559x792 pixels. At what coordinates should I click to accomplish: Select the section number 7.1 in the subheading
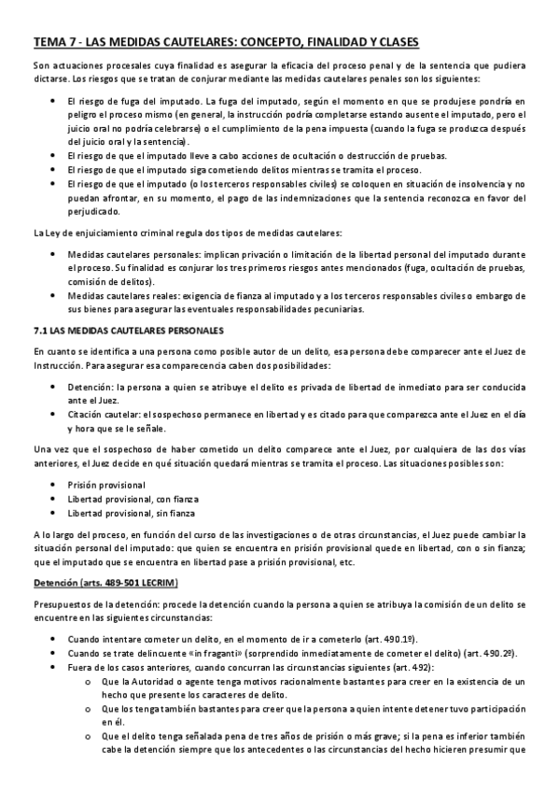click(x=39, y=330)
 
